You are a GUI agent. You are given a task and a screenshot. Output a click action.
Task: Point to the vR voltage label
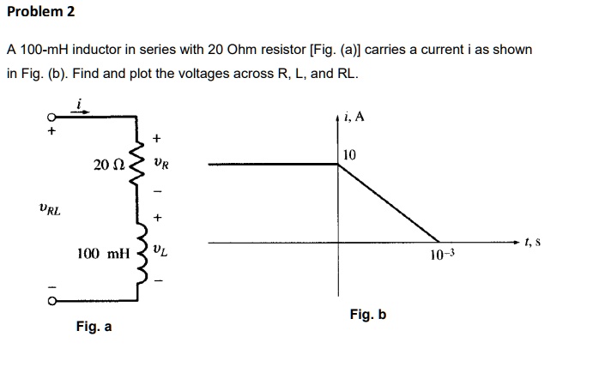(x=161, y=163)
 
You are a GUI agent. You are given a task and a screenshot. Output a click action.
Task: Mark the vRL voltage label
(x=50, y=208)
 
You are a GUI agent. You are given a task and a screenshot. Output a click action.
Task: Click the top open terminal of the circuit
(x=51, y=118)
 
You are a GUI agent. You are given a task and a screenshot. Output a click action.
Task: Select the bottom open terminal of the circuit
(x=51, y=300)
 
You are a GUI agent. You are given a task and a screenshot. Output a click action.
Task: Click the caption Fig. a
(x=94, y=327)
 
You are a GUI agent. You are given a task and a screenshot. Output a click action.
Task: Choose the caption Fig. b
(x=368, y=315)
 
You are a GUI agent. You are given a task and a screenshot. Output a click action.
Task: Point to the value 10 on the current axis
(x=348, y=155)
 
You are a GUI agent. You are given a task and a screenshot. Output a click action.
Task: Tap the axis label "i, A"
(x=353, y=117)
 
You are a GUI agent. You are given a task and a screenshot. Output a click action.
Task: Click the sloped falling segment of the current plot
(x=390, y=203)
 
